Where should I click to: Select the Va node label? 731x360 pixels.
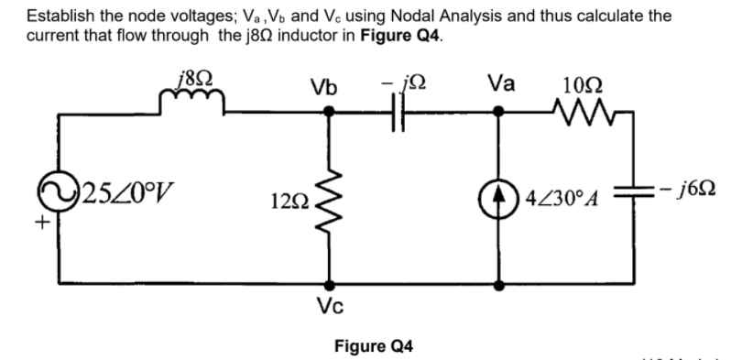500,84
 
